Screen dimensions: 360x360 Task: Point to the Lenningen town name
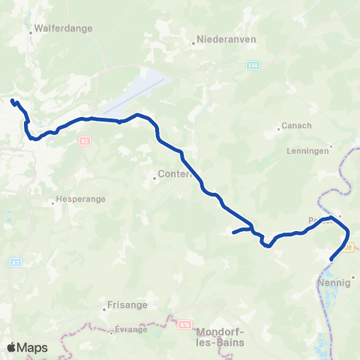pyautogui.click(x=307, y=151)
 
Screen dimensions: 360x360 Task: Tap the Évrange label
pyautogui.click(x=130, y=329)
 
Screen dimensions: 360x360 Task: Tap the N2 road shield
pyautogui.click(x=85, y=141)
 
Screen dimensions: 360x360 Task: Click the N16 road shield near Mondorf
pyautogui.click(x=184, y=325)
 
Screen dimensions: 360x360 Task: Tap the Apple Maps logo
pyautogui.click(x=27, y=347)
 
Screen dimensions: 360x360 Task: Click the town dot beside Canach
pyautogui.click(x=279, y=126)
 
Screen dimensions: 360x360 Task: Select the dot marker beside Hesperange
pyautogui.click(x=52, y=201)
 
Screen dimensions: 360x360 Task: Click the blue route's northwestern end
pyautogui.click(x=12, y=100)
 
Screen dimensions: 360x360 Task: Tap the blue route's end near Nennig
pyautogui.click(x=331, y=259)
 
